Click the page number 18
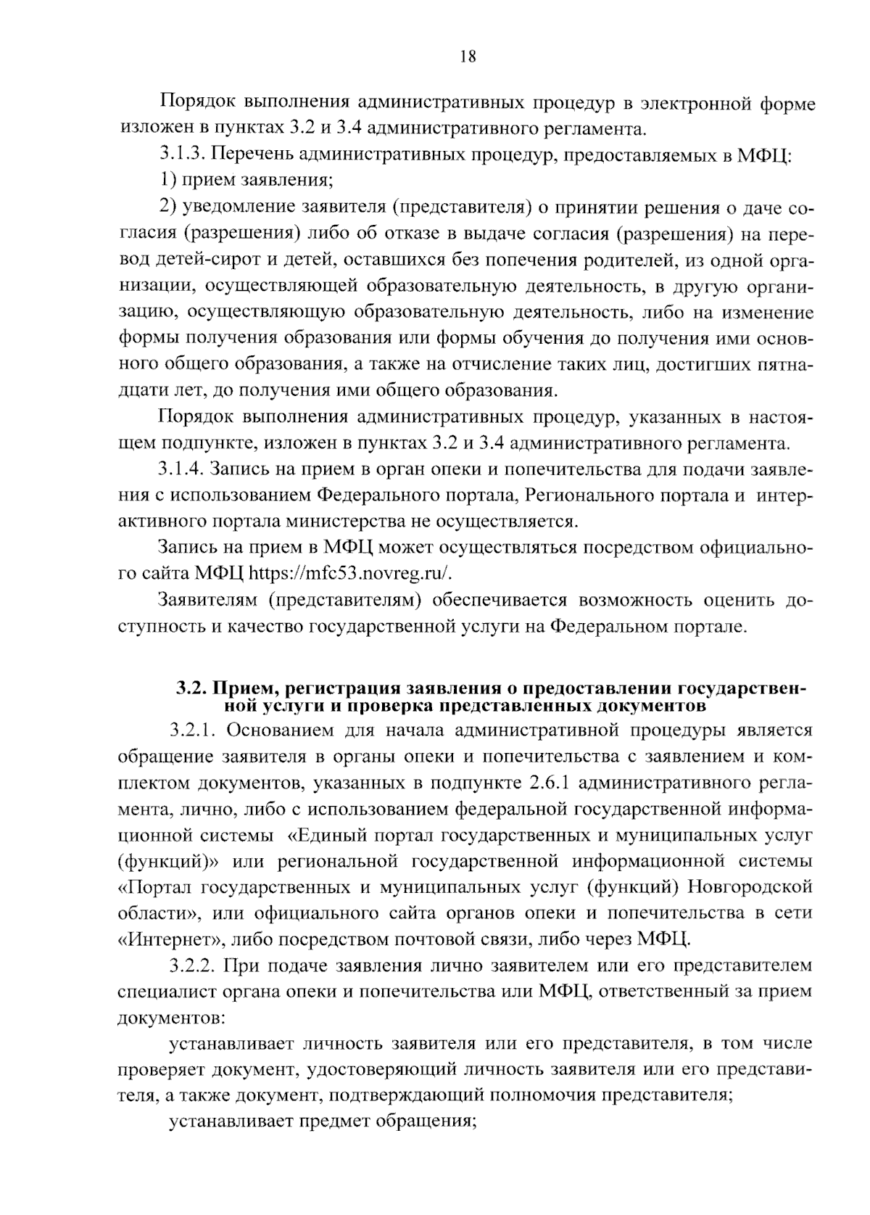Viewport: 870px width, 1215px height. (x=468, y=57)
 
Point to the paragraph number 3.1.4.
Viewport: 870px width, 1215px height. (x=183, y=469)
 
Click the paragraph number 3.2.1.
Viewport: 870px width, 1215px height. (x=194, y=730)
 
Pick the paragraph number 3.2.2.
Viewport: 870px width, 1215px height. (x=194, y=965)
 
